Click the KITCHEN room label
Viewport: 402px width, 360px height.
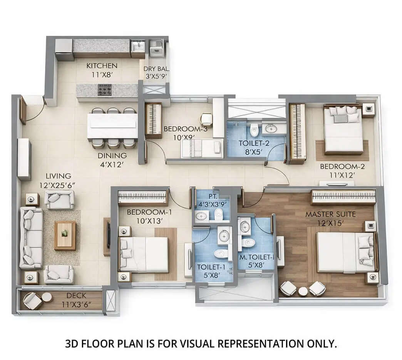(x=102, y=65)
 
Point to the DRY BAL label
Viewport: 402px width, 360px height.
(x=156, y=69)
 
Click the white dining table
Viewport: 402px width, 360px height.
(x=112, y=126)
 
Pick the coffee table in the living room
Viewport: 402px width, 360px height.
(x=65, y=235)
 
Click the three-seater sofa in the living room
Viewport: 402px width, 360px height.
(x=31, y=238)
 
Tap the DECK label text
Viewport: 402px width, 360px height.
(x=76, y=296)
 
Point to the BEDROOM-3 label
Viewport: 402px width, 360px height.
(x=186, y=129)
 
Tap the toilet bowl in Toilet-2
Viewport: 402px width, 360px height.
(x=254, y=131)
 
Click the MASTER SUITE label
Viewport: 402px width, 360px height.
(x=330, y=214)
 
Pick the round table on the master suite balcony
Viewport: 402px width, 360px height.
(x=304, y=291)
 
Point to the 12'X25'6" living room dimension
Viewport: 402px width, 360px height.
(x=57, y=185)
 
